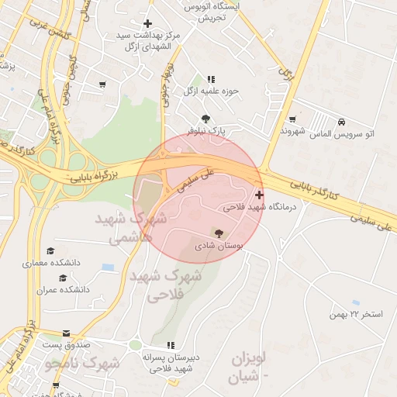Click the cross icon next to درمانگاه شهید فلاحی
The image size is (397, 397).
pyautogui.click(x=259, y=195)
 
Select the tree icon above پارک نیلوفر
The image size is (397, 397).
pyautogui.click(x=205, y=119)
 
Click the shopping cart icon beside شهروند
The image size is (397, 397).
pyautogui.click(x=292, y=119)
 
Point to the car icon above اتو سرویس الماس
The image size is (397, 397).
pyautogui.click(x=341, y=122)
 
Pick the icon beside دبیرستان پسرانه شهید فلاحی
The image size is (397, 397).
pyautogui.click(x=170, y=345)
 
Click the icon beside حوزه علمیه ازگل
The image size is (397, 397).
pyautogui.click(x=212, y=79)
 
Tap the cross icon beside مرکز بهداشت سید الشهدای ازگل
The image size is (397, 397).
pyautogui.click(x=147, y=24)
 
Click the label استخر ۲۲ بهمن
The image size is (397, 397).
pyautogui.click(x=356, y=314)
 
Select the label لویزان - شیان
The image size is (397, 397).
pyautogui.click(x=249, y=368)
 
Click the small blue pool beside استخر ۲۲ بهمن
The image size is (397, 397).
pyautogui.click(x=356, y=302)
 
